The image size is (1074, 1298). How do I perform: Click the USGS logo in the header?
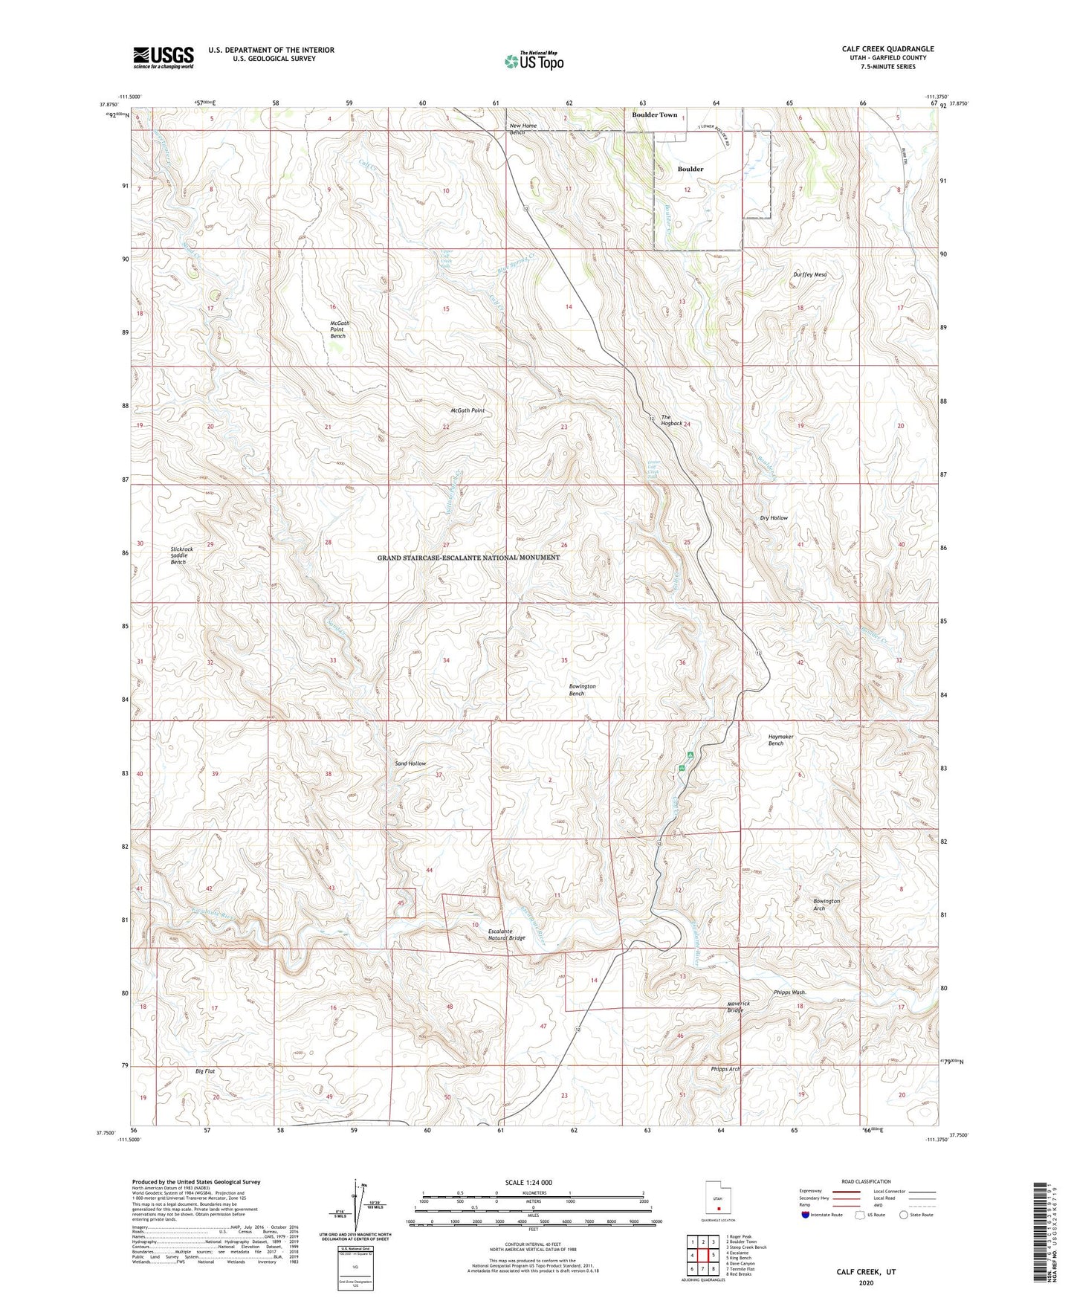(x=164, y=57)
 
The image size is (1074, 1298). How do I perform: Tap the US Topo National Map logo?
(x=533, y=61)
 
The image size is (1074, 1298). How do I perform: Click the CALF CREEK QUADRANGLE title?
(x=887, y=49)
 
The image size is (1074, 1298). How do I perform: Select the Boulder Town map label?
(x=654, y=114)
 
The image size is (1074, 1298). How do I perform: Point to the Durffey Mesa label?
(x=809, y=274)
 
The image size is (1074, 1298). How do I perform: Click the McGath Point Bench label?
(x=338, y=329)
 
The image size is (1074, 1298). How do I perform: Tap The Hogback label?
(x=671, y=420)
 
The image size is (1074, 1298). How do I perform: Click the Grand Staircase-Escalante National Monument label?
(x=468, y=558)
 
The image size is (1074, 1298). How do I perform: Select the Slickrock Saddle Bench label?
(x=181, y=555)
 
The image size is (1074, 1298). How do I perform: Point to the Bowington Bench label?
(x=582, y=690)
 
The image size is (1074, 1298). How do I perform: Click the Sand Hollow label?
(x=410, y=763)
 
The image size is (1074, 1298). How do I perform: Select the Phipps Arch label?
(x=725, y=1069)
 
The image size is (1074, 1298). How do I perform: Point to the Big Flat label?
(x=205, y=1071)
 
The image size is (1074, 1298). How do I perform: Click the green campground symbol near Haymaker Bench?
(x=690, y=755)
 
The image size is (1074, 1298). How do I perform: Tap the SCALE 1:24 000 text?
(x=528, y=1182)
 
